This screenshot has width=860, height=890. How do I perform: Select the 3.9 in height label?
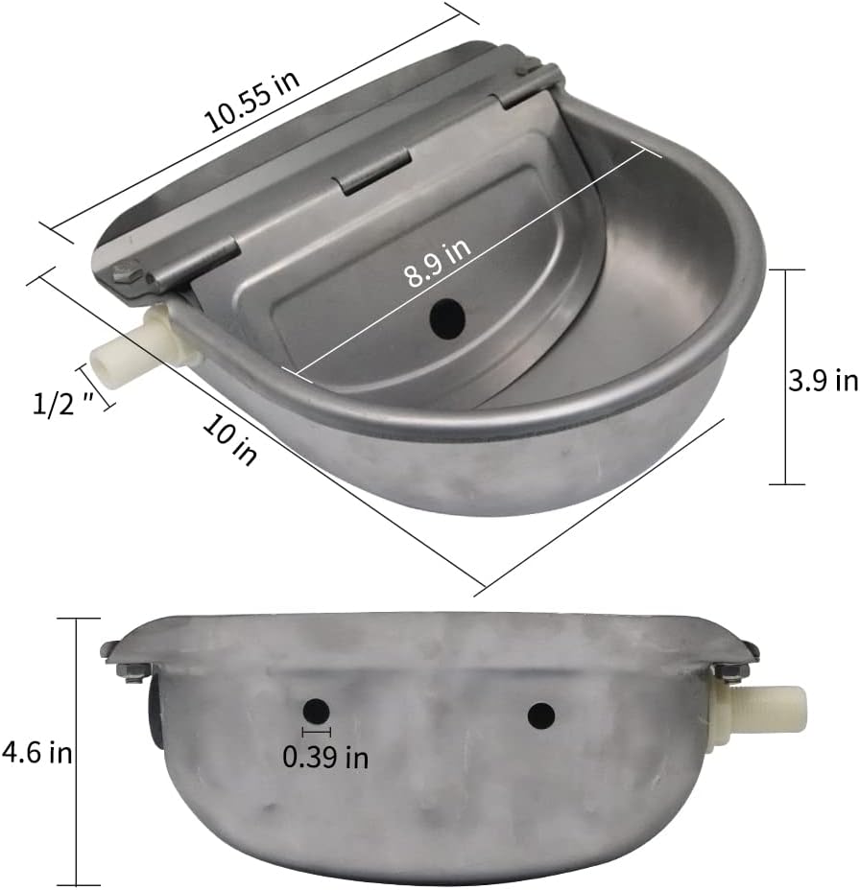[x=823, y=381]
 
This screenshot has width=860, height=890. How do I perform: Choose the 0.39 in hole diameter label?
[x=325, y=757]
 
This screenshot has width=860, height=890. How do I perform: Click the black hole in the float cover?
[x=445, y=317]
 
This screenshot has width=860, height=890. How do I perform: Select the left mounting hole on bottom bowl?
[x=315, y=711]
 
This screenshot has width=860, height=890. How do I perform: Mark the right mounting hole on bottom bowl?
[x=541, y=714]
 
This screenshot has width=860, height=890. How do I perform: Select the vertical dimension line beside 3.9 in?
[x=786, y=377]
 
